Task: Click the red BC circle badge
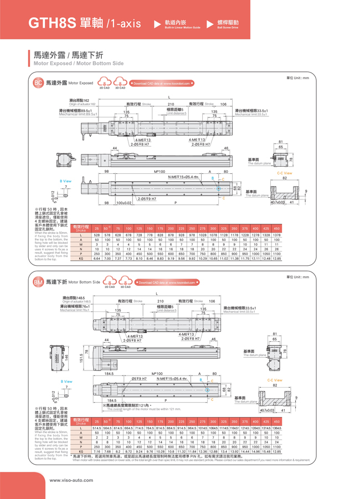tap(38, 83)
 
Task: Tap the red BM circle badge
tap(38, 282)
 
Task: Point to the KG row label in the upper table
tap(81, 259)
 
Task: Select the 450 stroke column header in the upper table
tap(276, 228)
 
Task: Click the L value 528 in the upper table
tap(97, 235)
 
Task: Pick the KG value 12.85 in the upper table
tap(276, 259)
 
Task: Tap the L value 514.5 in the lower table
tap(97, 429)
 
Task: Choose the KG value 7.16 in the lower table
tap(97, 452)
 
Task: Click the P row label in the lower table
tap(81, 446)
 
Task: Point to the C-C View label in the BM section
tap(275, 380)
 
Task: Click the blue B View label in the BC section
tap(65, 181)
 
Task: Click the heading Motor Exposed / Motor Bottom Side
tap(78, 64)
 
